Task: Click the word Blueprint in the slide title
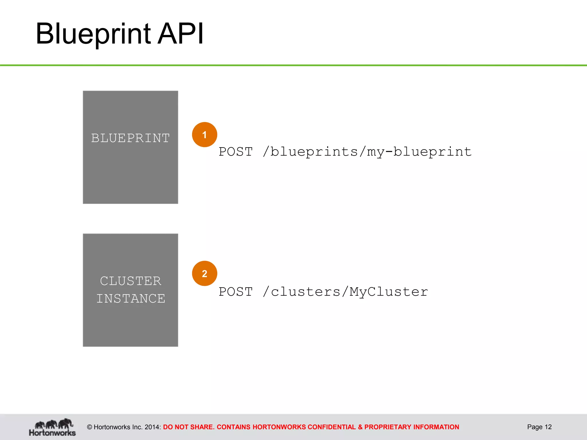tap(93, 34)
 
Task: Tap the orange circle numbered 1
tap(204, 135)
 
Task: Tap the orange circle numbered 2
tap(204, 273)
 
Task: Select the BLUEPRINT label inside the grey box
tap(130, 138)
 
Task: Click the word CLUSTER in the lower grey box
tap(131, 281)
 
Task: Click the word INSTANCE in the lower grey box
tap(131, 298)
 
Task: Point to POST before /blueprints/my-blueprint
tap(236, 152)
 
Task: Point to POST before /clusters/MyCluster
tap(236, 292)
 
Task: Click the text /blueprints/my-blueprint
tap(367, 152)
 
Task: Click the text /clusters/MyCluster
tap(345, 292)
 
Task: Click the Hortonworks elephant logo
tap(52, 427)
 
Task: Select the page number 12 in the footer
tap(548, 427)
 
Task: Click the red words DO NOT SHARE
tap(189, 427)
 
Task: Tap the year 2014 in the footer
tap(152, 427)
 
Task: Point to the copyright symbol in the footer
tap(89, 427)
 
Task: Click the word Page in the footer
tap(535, 427)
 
